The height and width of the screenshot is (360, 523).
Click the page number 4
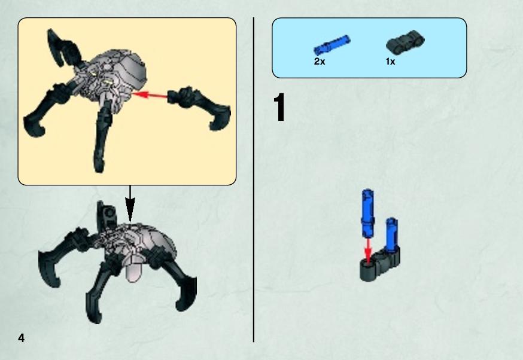click(x=22, y=338)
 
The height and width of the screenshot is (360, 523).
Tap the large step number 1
click(x=280, y=107)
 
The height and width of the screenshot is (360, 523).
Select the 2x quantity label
click(x=319, y=62)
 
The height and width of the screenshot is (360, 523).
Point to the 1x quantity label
click(x=390, y=62)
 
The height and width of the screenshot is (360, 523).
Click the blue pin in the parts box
click(x=332, y=45)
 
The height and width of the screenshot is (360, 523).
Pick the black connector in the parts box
click(x=405, y=42)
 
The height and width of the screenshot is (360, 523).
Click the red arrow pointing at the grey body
click(x=150, y=95)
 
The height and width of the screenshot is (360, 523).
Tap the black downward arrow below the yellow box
click(x=130, y=203)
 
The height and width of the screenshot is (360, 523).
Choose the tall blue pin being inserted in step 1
click(x=367, y=213)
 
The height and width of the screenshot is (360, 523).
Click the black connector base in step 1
click(x=379, y=265)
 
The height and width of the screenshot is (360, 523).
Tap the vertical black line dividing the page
click(x=254, y=179)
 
